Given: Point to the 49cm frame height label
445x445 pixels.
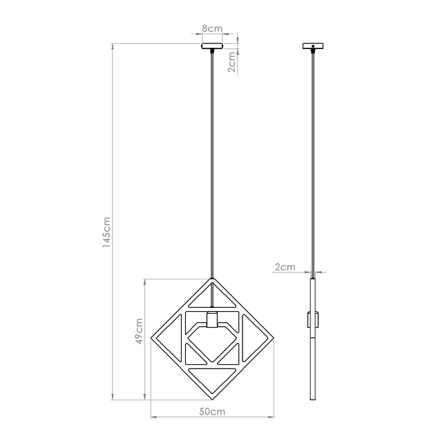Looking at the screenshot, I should [138, 331].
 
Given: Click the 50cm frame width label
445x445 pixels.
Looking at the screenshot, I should [212, 411].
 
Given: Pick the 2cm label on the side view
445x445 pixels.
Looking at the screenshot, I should [285, 266].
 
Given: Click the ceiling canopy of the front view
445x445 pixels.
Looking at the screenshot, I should [212, 47].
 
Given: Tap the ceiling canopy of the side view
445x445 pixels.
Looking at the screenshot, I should [314, 47].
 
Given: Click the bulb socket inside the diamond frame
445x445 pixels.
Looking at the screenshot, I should [212, 320].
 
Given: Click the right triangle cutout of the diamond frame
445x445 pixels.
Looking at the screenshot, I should [254, 336].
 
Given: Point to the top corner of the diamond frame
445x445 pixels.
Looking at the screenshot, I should [212, 279].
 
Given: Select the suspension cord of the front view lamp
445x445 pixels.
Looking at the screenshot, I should [212, 162].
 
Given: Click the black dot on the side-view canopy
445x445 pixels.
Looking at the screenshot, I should [314, 46].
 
